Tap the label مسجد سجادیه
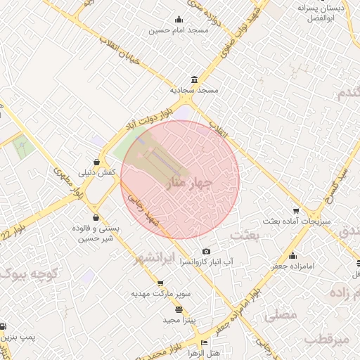coord(195,91)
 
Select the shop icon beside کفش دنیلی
coord(96,161)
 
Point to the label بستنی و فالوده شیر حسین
coord(94,234)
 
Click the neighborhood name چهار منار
coord(188,183)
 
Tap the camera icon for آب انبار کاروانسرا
coord(206,251)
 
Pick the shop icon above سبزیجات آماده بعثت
coord(295,211)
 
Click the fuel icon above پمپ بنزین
coord(3,327)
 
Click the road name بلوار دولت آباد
coord(148,115)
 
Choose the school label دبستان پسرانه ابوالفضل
coord(324,13)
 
